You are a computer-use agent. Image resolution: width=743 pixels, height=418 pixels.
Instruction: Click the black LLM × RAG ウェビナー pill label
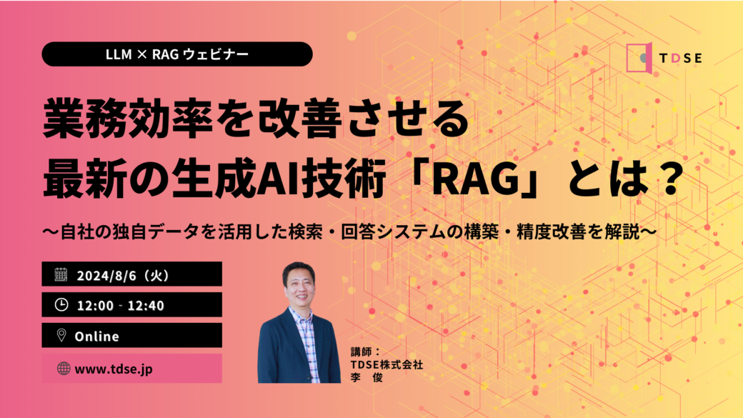pyautogui.click(x=177, y=54)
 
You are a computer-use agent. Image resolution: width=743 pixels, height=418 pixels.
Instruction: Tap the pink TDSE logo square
pyautogui.click(x=639, y=58)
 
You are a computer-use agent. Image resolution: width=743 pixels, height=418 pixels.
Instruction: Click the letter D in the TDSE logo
pyautogui.click(x=676, y=59)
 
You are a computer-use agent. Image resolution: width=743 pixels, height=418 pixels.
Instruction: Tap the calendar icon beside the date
pyautogui.click(x=61, y=274)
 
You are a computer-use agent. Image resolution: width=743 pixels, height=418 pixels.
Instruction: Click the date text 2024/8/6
pyautogui.click(x=107, y=276)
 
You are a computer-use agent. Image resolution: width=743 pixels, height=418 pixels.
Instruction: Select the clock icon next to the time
pyautogui.click(x=61, y=304)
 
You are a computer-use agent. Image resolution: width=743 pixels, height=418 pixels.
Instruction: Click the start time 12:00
pyautogui.click(x=95, y=306)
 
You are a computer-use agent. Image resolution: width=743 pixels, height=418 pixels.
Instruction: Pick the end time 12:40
pyautogui.click(x=146, y=306)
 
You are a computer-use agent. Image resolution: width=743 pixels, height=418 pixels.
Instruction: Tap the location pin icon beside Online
pyautogui.click(x=61, y=336)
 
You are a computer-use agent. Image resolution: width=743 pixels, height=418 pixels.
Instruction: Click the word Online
pyautogui.click(x=96, y=337)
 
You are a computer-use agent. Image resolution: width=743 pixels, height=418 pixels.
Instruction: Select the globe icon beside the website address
pyautogui.click(x=64, y=368)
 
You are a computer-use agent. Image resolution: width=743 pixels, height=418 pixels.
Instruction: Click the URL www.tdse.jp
pyautogui.click(x=114, y=369)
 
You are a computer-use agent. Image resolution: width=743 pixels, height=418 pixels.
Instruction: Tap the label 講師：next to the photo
pyautogui.click(x=365, y=352)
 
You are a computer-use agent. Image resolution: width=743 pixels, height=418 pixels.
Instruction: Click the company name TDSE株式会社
pyautogui.click(x=387, y=364)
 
